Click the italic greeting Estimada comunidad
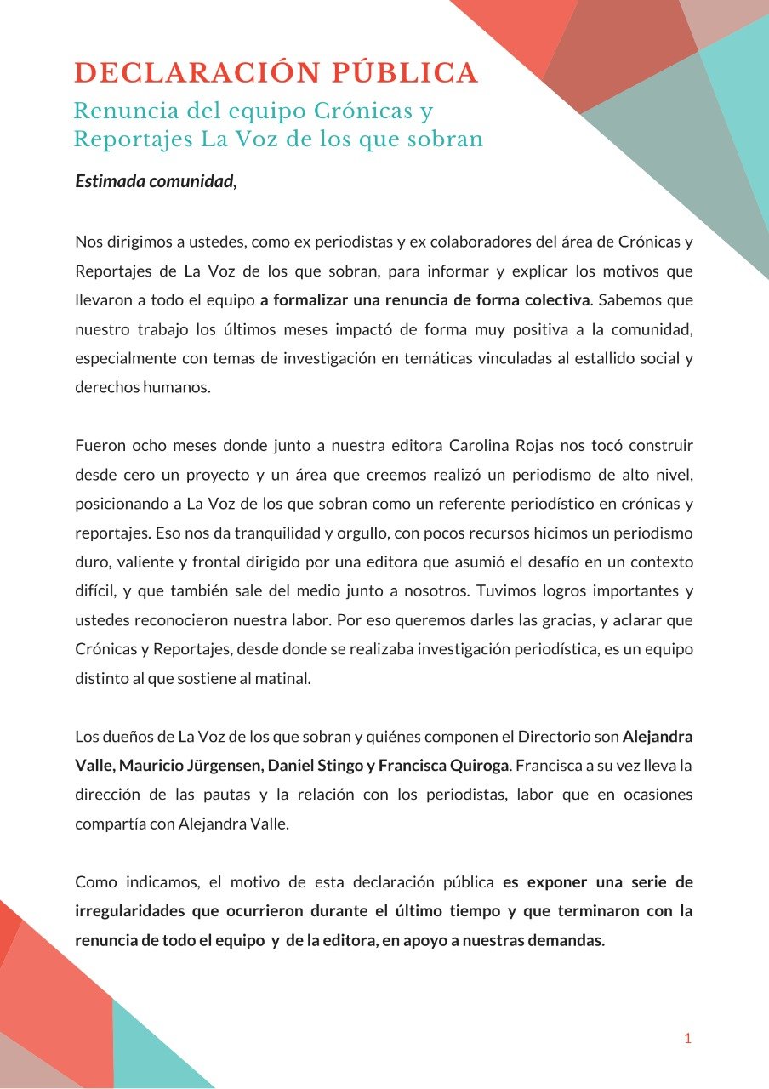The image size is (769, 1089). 155,181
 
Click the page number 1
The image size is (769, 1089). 687,1038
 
